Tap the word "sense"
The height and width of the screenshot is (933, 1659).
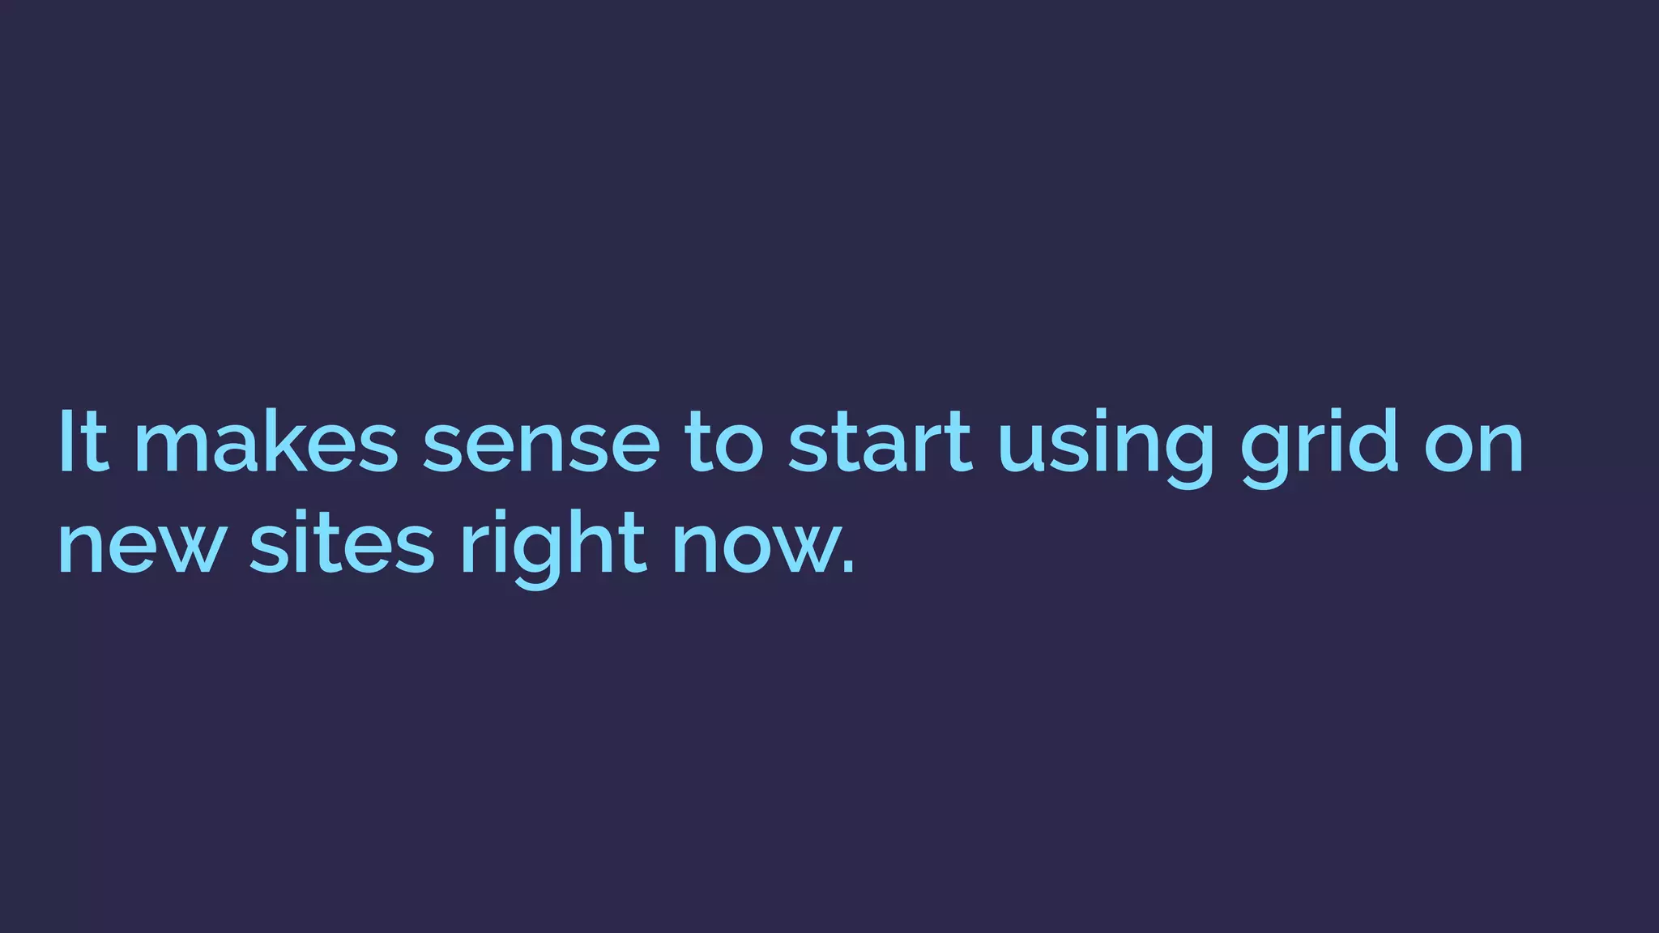541,444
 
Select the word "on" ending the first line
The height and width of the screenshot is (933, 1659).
1473,444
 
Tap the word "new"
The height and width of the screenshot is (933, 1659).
140,546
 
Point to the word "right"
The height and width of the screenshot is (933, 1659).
553,547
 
